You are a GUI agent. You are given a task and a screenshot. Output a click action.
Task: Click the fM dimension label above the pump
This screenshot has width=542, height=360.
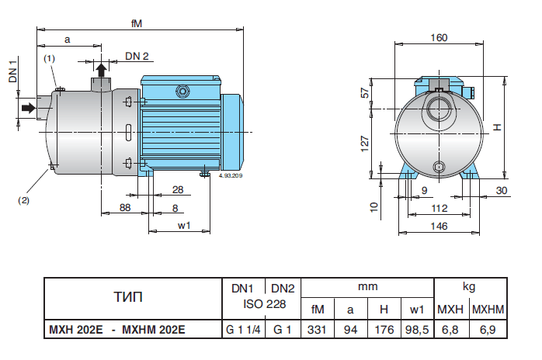137,23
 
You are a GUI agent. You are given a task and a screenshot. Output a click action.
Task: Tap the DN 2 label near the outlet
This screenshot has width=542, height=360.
137,57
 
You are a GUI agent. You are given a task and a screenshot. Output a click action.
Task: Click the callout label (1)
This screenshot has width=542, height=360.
49,59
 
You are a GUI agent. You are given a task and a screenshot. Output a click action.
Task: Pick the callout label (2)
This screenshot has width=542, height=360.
23,199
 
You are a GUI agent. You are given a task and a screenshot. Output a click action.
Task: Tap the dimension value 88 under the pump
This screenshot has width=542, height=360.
124,207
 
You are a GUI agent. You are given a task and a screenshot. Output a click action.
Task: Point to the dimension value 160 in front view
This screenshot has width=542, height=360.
439,38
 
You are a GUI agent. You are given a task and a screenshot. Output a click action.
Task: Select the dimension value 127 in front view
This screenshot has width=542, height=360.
364,142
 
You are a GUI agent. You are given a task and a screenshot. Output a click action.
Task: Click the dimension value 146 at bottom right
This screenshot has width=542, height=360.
440,226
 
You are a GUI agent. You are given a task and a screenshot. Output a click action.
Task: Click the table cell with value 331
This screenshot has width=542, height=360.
317,330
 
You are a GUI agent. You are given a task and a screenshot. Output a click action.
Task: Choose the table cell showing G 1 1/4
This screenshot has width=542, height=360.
242,330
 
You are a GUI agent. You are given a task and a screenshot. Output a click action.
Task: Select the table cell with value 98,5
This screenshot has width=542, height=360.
417,330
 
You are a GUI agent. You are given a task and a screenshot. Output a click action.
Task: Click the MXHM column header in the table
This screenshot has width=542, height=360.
489,310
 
